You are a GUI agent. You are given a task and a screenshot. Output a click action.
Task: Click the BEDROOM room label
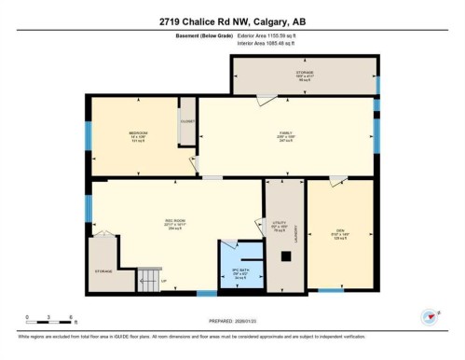[x=138, y=133]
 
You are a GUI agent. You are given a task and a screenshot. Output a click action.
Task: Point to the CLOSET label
[x=186, y=121]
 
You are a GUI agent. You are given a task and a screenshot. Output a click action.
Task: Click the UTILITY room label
[x=278, y=224]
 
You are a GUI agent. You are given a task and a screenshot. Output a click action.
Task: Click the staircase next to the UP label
[x=149, y=279]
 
